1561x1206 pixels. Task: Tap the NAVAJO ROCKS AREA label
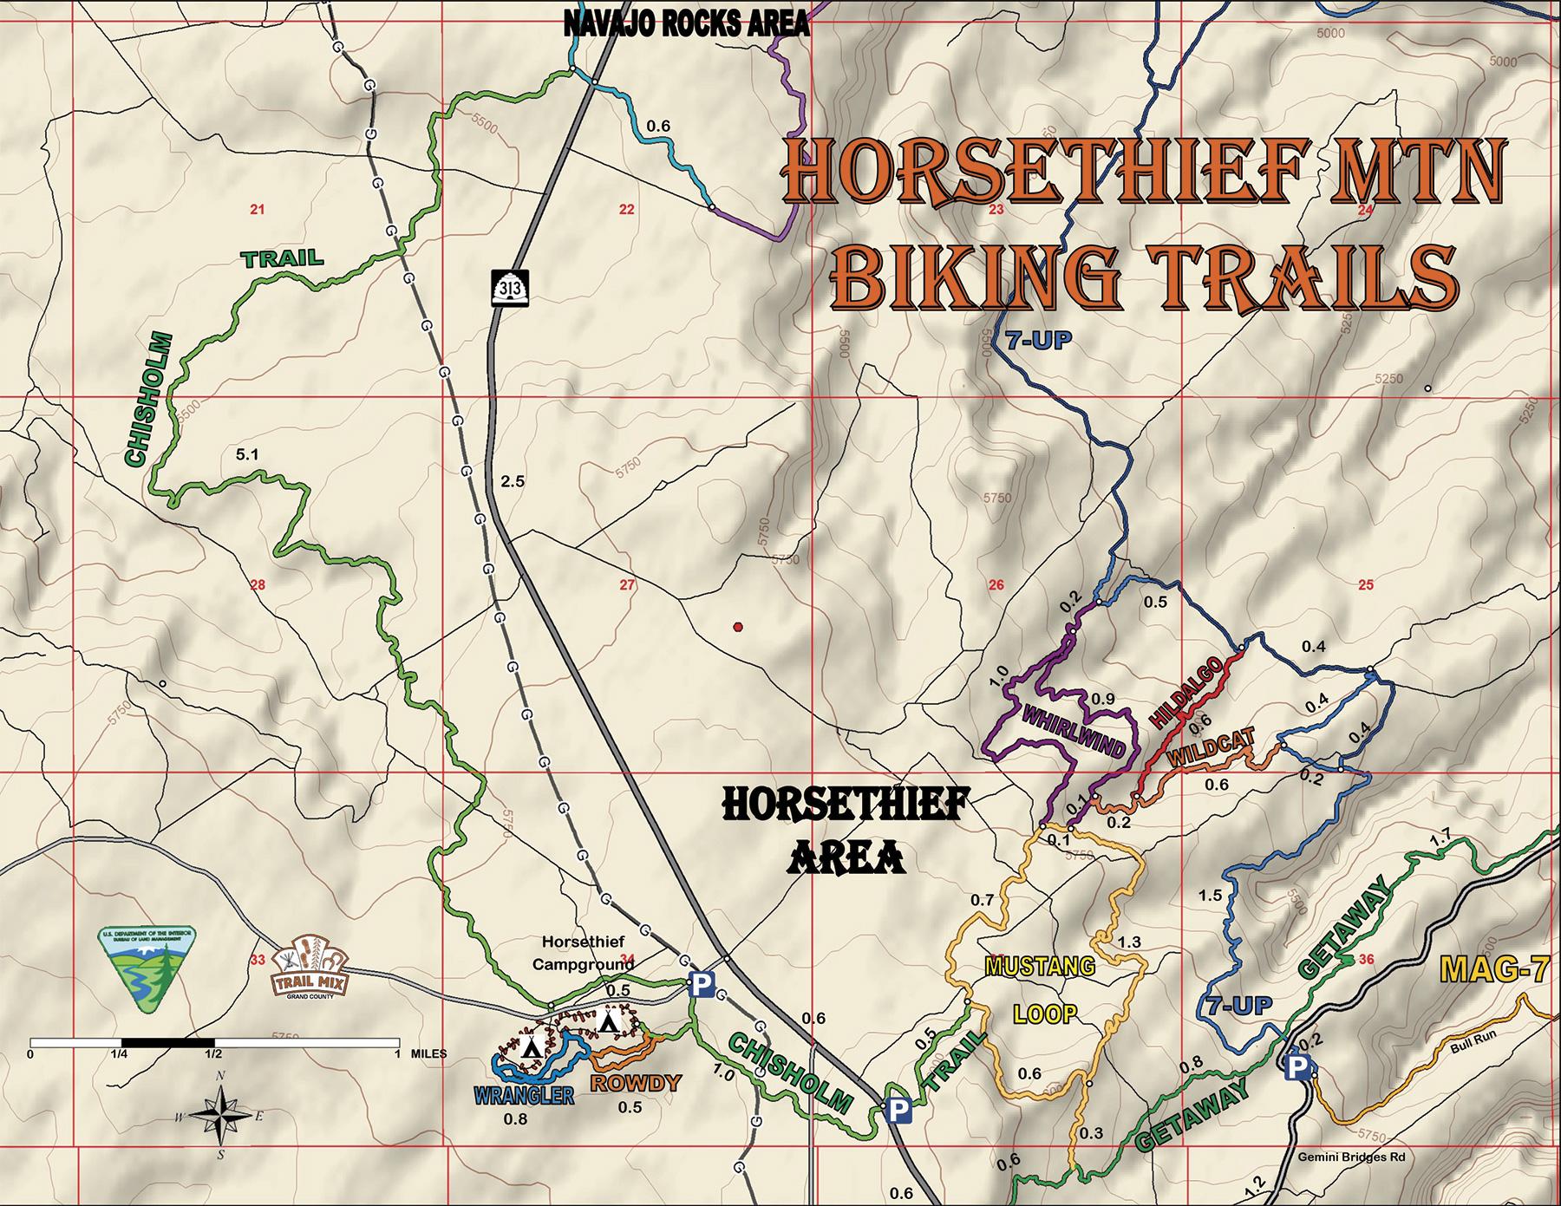(686, 23)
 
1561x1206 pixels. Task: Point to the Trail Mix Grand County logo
(310, 967)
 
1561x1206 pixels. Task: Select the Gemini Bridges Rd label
(1350, 1157)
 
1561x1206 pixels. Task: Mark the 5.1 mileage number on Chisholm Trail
(247, 453)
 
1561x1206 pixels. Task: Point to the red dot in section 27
(737, 627)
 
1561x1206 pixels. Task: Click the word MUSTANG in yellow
(1041, 966)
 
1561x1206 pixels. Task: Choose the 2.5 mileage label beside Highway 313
(513, 482)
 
